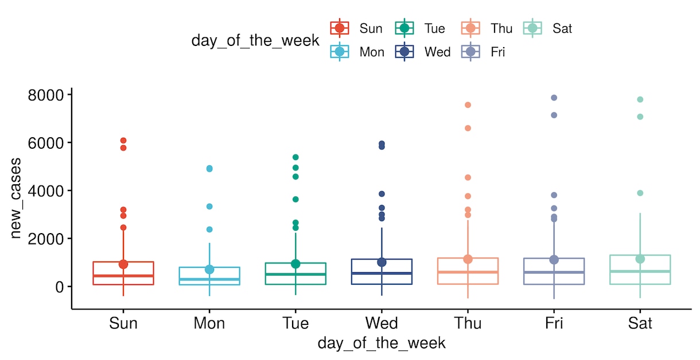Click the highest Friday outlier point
(x=554, y=98)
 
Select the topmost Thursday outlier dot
(x=468, y=104)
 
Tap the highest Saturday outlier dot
(x=640, y=99)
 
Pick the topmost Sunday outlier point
(x=123, y=141)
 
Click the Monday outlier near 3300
(x=209, y=207)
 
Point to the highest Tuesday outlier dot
(x=295, y=157)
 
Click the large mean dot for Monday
(x=209, y=269)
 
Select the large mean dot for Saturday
(x=640, y=259)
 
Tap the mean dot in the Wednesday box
(x=382, y=262)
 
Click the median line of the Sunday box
(x=123, y=276)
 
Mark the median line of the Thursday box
(x=468, y=272)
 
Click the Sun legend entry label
(x=371, y=29)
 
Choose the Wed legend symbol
(x=405, y=52)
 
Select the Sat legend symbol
(x=532, y=28)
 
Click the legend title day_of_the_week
(x=255, y=41)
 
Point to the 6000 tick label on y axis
(x=46, y=143)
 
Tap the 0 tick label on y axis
(x=59, y=287)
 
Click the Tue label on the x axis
(x=295, y=323)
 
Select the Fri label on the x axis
(x=554, y=323)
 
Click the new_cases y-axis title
(x=15, y=198)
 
